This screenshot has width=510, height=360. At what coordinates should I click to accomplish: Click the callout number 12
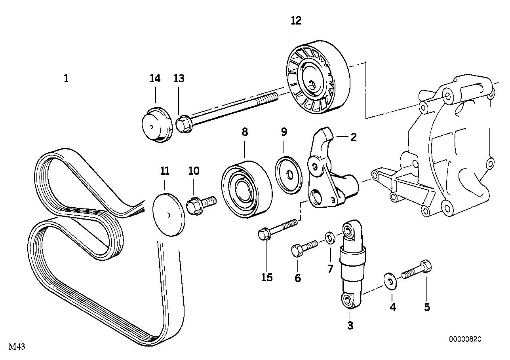[296, 21]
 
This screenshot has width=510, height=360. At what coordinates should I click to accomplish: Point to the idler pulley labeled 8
[245, 189]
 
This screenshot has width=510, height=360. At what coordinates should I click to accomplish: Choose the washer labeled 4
[390, 281]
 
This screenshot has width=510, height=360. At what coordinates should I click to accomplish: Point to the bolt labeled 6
[303, 248]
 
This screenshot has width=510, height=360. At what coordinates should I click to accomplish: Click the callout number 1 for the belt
[66, 78]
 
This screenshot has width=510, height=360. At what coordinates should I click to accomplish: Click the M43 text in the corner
[17, 347]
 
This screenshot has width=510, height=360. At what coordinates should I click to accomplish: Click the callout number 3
[350, 326]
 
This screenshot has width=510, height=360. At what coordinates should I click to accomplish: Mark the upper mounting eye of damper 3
[348, 230]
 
